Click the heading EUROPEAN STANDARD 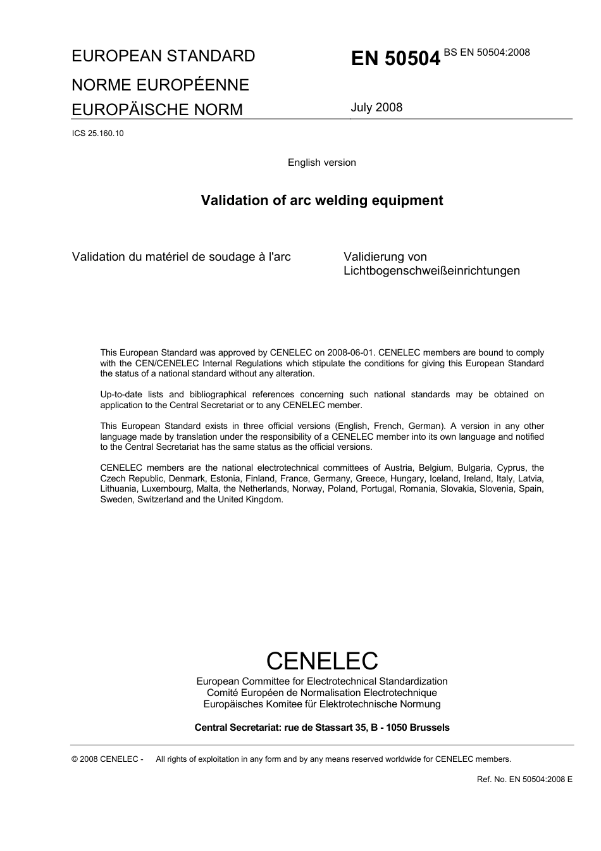[x=163, y=56]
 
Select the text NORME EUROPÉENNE [x=160, y=85]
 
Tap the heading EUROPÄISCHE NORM [x=157, y=109]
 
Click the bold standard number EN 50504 [x=395, y=59]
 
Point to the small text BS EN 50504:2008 [x=486, y=53]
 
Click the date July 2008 [x=376, y=108]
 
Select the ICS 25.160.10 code [x=98, y=133]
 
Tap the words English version [x=321, y=163]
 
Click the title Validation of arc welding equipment [x=321, y=201]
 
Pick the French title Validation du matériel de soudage [x=181, y=257]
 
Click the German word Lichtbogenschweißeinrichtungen [x=431, y=271]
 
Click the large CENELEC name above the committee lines [x=321, y=661]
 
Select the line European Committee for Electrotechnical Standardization [x=321, y=681]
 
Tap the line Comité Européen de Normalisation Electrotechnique [x=321, y=693]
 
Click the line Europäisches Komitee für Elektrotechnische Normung [x=321, y=704]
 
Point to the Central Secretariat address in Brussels [x=321, y=728]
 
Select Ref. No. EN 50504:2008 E [x=524, y=780]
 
